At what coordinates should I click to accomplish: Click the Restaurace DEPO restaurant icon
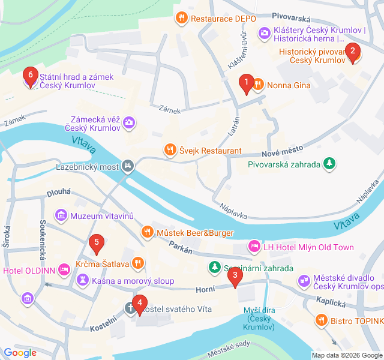(180, 18)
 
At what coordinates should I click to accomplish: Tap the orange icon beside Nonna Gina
(258, 85)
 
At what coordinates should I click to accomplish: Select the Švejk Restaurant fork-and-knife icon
(170, 150)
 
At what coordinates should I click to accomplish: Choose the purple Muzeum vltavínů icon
(61, 215)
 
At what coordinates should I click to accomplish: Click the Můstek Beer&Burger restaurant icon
(146, 232)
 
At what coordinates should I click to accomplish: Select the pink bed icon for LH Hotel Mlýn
(254, 247)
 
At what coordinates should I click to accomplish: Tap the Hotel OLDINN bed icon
(64, 270)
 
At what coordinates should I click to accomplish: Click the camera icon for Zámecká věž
(129, 123)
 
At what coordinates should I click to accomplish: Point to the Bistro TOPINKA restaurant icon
(322, 322)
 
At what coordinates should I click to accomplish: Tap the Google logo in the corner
(20, 353)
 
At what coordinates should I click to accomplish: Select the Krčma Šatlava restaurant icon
(138, 263)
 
